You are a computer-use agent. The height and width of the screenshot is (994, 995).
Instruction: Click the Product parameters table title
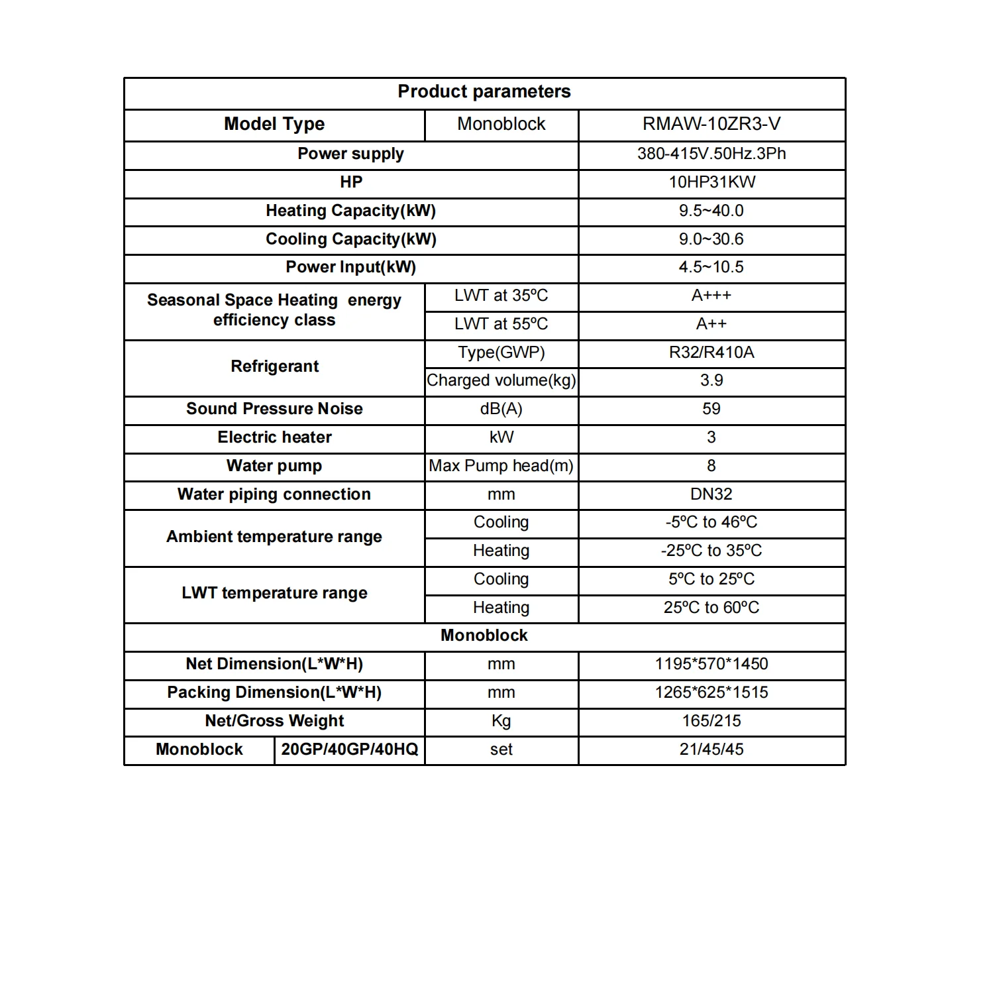(x=484, y=91)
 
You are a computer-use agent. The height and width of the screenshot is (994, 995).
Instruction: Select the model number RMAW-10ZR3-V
(x=711, y=124)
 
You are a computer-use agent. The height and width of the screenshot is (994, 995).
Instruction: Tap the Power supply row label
(x=350, y=154)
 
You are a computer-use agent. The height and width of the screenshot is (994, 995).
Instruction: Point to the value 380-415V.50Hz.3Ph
(x=711, y=154)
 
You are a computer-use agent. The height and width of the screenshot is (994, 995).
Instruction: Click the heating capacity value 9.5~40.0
(x=711, y=211)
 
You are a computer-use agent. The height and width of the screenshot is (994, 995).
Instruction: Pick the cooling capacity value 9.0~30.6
(x=711, y=239)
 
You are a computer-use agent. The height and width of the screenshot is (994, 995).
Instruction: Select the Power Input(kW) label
(x=350, y=267)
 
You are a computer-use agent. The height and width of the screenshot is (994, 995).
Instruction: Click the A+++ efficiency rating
(x=711, y=296)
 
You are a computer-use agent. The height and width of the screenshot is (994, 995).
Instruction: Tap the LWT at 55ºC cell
(x=501, y=324)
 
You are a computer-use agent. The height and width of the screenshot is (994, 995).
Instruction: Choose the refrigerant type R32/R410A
(x=711, y=353)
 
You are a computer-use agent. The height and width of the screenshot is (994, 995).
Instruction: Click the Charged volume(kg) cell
(x=501, y=380)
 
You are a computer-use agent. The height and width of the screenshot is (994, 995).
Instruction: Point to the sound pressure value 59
(x=711, y=409)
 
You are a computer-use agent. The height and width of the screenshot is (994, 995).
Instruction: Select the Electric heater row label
(x=274, y=437)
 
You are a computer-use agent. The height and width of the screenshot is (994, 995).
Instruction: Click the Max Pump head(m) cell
(x=501, y=466)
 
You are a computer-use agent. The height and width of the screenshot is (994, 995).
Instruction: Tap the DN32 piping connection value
(x=711, y=494)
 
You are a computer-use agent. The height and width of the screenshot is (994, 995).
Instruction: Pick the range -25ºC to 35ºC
(x=711, y=551)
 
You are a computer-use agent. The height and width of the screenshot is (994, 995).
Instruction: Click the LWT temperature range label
(x=274, y=593)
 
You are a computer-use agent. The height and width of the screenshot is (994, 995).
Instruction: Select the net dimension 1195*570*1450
(x=711, y=664)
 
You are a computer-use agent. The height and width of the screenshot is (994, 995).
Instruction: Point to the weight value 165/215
(x=711, y=721)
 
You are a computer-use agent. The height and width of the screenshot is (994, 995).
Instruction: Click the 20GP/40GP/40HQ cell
(x=349, y=749)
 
